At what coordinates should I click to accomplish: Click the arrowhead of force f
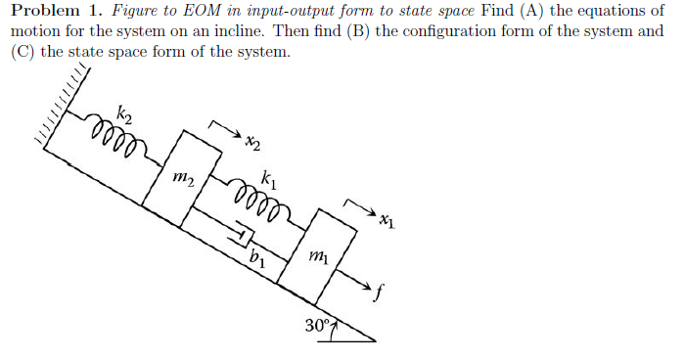point(369,287)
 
